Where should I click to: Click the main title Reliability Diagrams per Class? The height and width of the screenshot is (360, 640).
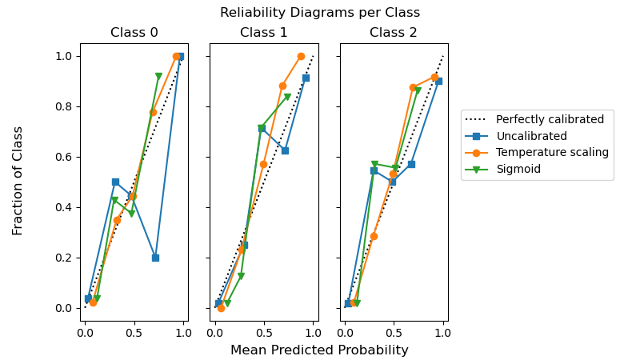(x=320, y=13)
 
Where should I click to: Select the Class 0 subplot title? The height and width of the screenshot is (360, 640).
(x=134, y=33)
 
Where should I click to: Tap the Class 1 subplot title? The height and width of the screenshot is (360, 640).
(x=263, y=33)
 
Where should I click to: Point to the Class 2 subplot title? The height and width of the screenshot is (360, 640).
(x=394, y=33)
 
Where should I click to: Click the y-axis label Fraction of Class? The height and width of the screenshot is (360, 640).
(x=18, y=180)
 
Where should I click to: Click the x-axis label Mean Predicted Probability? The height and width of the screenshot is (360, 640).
(x=319, y=350)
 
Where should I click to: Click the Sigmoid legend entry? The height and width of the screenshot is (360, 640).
(x=518, y=169)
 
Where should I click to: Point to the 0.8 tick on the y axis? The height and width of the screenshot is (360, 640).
(x=64, y=106)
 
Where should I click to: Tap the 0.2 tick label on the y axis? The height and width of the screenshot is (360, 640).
(x=64, y=258)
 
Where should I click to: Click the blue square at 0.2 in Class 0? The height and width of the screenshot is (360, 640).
(x=155, y=258)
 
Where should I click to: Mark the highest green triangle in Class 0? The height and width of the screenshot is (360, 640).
(x=158, y=77)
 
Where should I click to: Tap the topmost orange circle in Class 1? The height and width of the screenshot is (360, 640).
(x=301, y=56)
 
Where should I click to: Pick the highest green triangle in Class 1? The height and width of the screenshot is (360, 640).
(x=287, y=97)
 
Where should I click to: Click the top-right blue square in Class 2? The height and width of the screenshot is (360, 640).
(x=438, y=81)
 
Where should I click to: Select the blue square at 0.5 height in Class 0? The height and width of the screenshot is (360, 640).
(x=115, y=182)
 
